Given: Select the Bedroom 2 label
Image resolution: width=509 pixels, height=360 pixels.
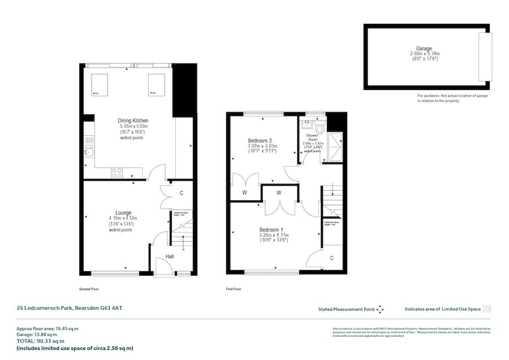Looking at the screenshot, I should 260,140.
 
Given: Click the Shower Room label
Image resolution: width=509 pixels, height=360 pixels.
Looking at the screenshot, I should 312,138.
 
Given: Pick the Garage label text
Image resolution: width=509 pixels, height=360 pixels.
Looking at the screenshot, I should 424,49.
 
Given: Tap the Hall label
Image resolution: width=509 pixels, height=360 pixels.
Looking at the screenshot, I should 169,257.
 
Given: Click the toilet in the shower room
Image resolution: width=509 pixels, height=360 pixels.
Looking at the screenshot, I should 320,128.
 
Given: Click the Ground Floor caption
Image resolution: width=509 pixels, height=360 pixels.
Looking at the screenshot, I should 89,289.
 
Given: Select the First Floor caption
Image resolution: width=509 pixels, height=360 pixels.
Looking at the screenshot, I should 234,289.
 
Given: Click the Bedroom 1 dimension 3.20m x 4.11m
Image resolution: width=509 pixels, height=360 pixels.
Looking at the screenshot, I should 274,234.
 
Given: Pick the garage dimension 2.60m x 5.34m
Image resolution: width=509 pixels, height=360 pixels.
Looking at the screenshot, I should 424,54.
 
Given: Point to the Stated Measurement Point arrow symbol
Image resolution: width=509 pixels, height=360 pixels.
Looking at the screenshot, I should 380,309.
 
